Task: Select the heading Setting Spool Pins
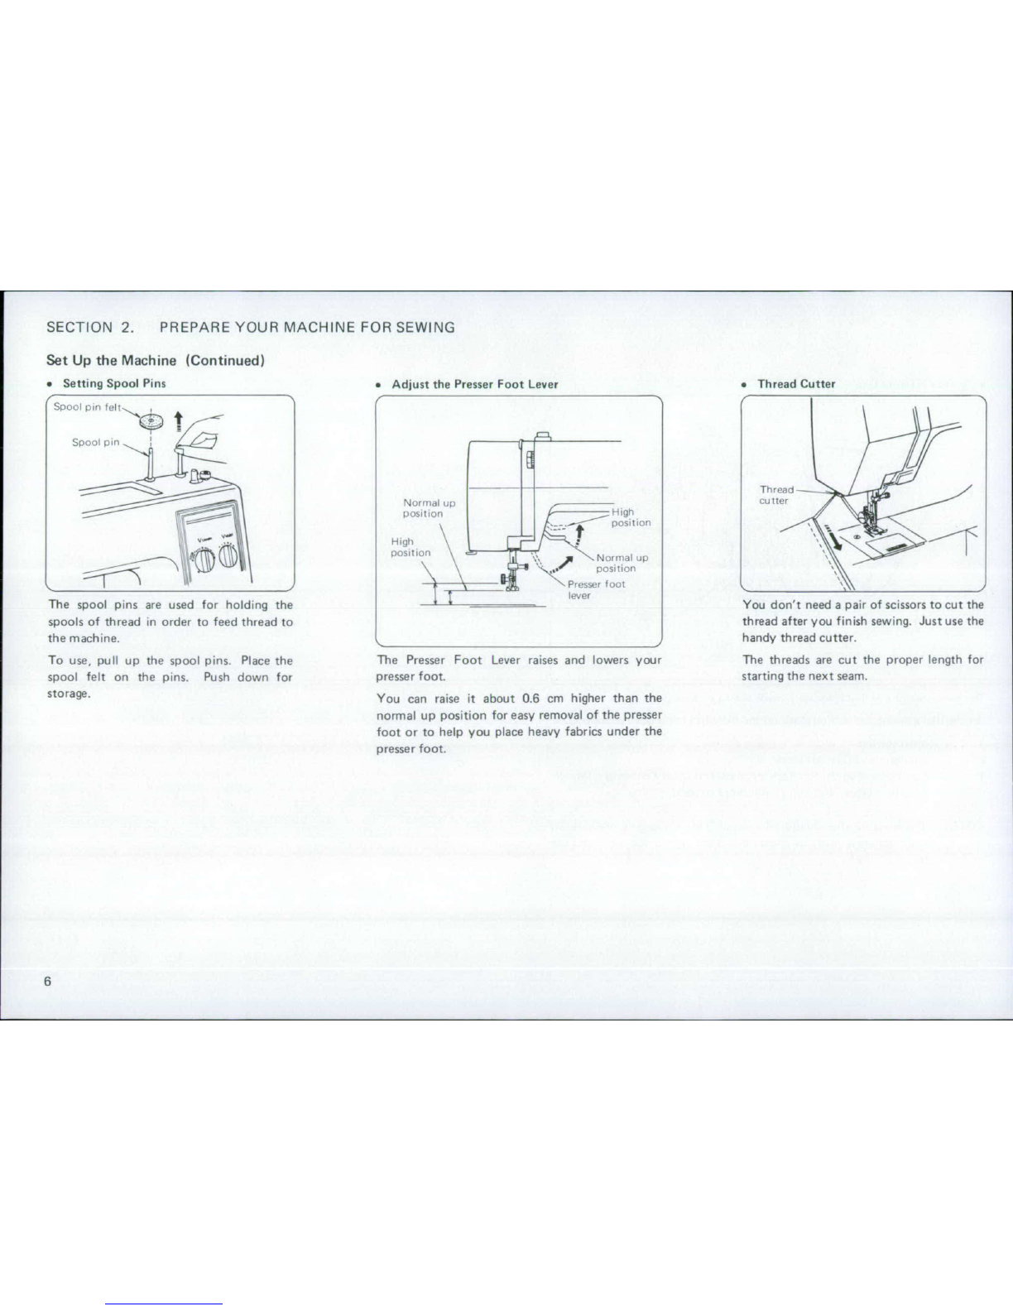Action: [114, 384]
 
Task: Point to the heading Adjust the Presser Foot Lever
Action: [475, 384]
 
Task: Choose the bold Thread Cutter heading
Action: [796, 384]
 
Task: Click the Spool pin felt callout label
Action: [88, 406]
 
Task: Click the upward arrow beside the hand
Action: [179, 421]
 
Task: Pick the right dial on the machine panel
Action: [228, 555]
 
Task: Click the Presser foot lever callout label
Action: [596, 589]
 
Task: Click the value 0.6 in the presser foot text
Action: [531, 699]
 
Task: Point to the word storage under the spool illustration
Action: [69, 694]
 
